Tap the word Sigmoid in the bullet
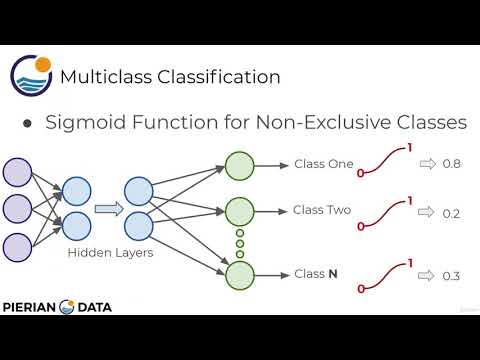pos(92,122)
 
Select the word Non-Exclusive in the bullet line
pos(329,122)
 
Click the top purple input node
pos(19,173)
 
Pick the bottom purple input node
pos(19,246)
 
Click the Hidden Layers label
pos(109,252)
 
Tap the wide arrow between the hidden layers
pos(108,210)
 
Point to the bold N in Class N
pos(332,273)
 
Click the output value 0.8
pos(452,164)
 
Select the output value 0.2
pos(452,213)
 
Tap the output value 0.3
pos(452,276)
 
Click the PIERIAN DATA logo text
pos(58,307)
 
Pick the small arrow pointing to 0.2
pos(426,213)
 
